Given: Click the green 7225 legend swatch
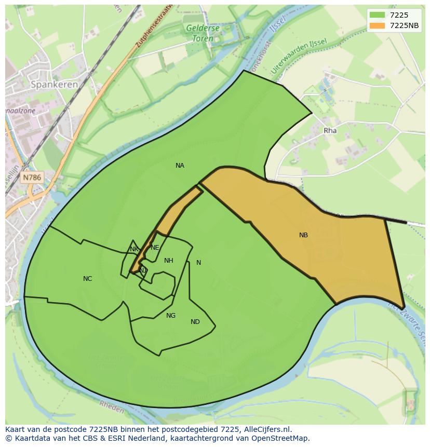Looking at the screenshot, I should click(377, 15).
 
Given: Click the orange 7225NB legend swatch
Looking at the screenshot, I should click(377, 25).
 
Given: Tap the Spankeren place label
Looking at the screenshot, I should click(54, 84).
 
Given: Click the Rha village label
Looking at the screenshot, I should click(330, 131).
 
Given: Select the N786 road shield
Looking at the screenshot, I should click(32, 178).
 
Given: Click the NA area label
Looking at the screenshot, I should click(180, 166).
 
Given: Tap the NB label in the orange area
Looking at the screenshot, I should click(303, 235).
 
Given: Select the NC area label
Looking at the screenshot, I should click(87, 279).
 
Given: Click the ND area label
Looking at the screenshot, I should click(195, 322).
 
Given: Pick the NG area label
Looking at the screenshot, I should click(171, 316).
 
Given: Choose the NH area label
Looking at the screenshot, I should click(168, 261).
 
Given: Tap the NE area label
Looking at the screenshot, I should click(155, 248).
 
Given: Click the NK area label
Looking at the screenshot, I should click(134, 249).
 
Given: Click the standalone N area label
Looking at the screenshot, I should click(198, 263).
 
